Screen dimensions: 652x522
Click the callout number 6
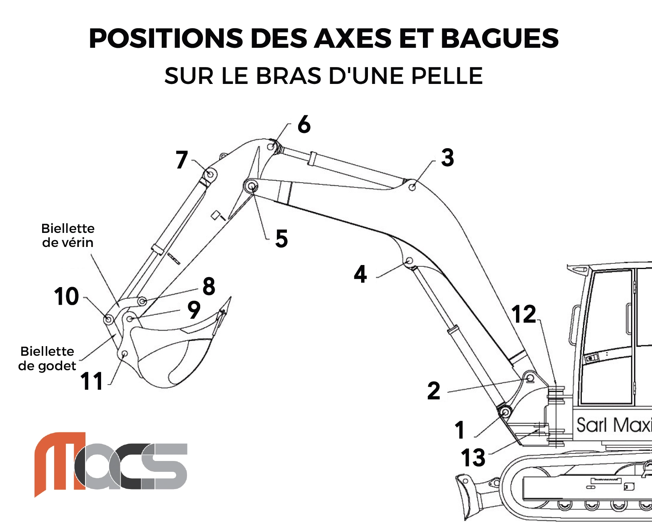point(304,124)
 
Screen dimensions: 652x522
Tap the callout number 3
point(447,158)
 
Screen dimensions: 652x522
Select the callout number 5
point(281,239)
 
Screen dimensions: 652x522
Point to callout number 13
point(473,458)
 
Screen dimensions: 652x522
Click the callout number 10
point(66,296)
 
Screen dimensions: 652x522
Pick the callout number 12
point(524,314)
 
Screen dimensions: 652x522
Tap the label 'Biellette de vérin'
point(68,236)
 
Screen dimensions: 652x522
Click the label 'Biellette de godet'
point(47,359)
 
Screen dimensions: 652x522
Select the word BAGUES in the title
point(500,39)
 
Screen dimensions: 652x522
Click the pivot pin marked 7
point(210,174)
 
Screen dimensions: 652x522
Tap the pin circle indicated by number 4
point(409,261)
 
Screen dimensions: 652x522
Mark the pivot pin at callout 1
point(505,412)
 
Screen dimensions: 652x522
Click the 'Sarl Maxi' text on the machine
point(614,425)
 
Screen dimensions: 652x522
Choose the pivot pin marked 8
point(142,302)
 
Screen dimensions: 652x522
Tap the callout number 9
point(194,310)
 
